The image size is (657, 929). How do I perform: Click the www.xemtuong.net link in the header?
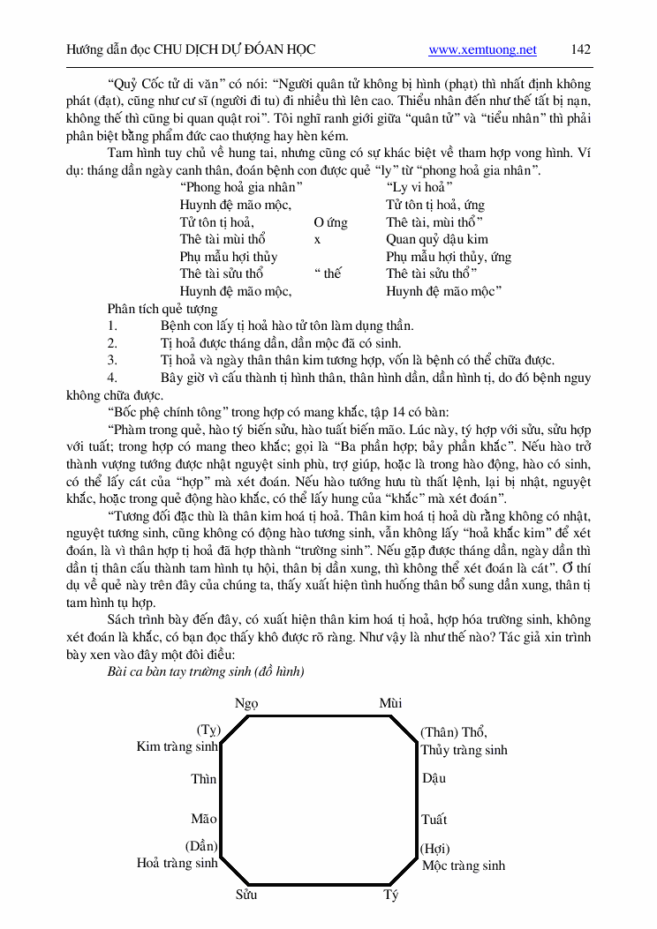coord(482,49)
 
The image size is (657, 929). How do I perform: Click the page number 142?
coord(580,49)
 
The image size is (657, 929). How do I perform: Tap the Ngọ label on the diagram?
coord(247,703)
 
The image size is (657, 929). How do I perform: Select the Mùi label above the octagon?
coord(390,703)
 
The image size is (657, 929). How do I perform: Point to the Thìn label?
coord(204,779)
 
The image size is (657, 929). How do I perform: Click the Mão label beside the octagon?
coord(204,820)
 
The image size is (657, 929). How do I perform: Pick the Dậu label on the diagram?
coord(434,779)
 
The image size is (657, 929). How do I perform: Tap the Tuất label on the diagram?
coord(434,820)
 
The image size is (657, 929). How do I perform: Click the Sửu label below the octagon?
coord(246,895)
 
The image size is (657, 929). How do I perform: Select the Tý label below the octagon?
coord(391,895)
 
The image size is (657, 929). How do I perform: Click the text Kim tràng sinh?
coord(177,747)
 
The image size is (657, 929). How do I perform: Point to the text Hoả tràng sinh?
coord(177,863)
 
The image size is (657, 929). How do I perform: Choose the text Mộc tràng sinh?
coord(464,865)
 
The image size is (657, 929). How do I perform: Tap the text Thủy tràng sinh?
coord(464,750)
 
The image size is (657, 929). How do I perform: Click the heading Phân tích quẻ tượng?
coord(162,309)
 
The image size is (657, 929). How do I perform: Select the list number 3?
coord(112,360)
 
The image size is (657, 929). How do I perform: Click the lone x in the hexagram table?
coord(317,239)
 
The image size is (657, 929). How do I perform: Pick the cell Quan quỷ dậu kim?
coord(436,239)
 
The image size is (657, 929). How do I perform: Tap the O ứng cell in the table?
coord(330,222)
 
